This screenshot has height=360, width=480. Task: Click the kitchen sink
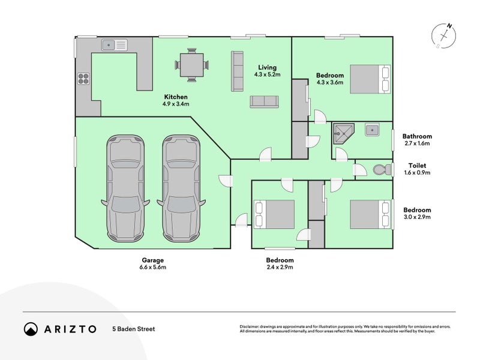[115, 44]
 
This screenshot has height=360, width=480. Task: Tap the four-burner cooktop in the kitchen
[83, 80]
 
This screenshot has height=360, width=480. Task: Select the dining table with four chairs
[192, 64]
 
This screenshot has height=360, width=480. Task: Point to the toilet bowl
[380, 170]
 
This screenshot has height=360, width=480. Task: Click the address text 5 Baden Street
[133, 329]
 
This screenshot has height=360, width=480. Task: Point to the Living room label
[268, 67]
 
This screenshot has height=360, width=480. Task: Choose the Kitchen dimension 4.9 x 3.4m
[176, 104]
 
